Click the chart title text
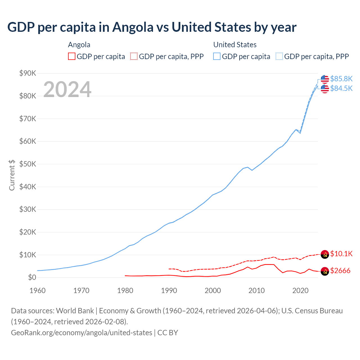click(x=152, y=27)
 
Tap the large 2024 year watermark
click(x=67, y=89)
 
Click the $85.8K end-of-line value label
click(x=341, y=79)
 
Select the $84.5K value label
click(x=341, y=88)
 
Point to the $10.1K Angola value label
click(x=341, y=254)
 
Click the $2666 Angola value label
click(x=340, y=271)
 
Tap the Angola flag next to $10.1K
click(x=325, y=254)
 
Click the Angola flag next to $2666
click(x=325, y=271)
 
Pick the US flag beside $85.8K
click(x=325, y=79)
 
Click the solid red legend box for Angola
click(x=72, y=57)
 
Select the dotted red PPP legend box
click(x=134, y=57)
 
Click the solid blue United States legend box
click(x=217, y=57)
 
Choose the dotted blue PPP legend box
click(x=279, y=57)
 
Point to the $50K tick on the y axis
click(x=28, y=164)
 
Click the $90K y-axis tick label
click(x=28, y=73)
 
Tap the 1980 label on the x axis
click(x=125, y=291)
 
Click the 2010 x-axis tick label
click(x=256, y=291)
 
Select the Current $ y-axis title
click(x=12, y=175)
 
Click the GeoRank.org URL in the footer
click(x=82, y=333)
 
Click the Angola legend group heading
click(x=79, y=45)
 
